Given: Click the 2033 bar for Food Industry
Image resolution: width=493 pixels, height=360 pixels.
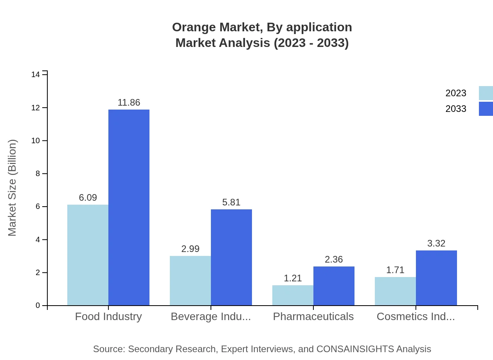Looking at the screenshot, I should click(129, 207).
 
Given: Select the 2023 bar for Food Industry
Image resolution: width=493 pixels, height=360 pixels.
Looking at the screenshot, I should click(88, 255).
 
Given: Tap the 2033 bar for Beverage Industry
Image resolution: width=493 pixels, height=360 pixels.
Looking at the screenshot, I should click(231, 257).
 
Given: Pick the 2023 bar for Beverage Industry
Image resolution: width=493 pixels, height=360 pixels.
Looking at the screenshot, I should click(190, 281).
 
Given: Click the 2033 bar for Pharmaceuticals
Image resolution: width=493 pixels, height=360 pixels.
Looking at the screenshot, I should click(334, 286).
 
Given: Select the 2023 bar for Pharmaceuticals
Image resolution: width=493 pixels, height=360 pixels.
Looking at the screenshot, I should click(293, 295).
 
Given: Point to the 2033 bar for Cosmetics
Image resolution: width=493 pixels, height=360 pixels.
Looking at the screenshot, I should click(436, 278).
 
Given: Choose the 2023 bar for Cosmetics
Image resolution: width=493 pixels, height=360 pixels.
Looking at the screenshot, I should click(395, 291).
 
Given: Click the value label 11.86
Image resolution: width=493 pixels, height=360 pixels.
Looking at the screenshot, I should click(129, 103).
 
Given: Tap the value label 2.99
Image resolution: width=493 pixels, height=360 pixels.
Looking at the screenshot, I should click(190, 249).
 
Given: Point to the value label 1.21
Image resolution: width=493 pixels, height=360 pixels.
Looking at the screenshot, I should click(293, 279).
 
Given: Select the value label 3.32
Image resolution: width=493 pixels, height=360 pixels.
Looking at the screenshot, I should click(436, 244).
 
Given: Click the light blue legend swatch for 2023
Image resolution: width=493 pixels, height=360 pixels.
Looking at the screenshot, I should click(486, 93).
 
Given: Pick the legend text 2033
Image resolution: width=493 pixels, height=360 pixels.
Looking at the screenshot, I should click(456, 109).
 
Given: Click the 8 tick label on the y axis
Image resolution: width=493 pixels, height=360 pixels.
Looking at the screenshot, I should click(38, 174).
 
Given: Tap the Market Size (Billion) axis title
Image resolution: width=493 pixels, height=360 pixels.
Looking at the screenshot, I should click(12, 188).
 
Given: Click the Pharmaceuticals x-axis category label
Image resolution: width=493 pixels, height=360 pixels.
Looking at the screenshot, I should click(313, 317).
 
